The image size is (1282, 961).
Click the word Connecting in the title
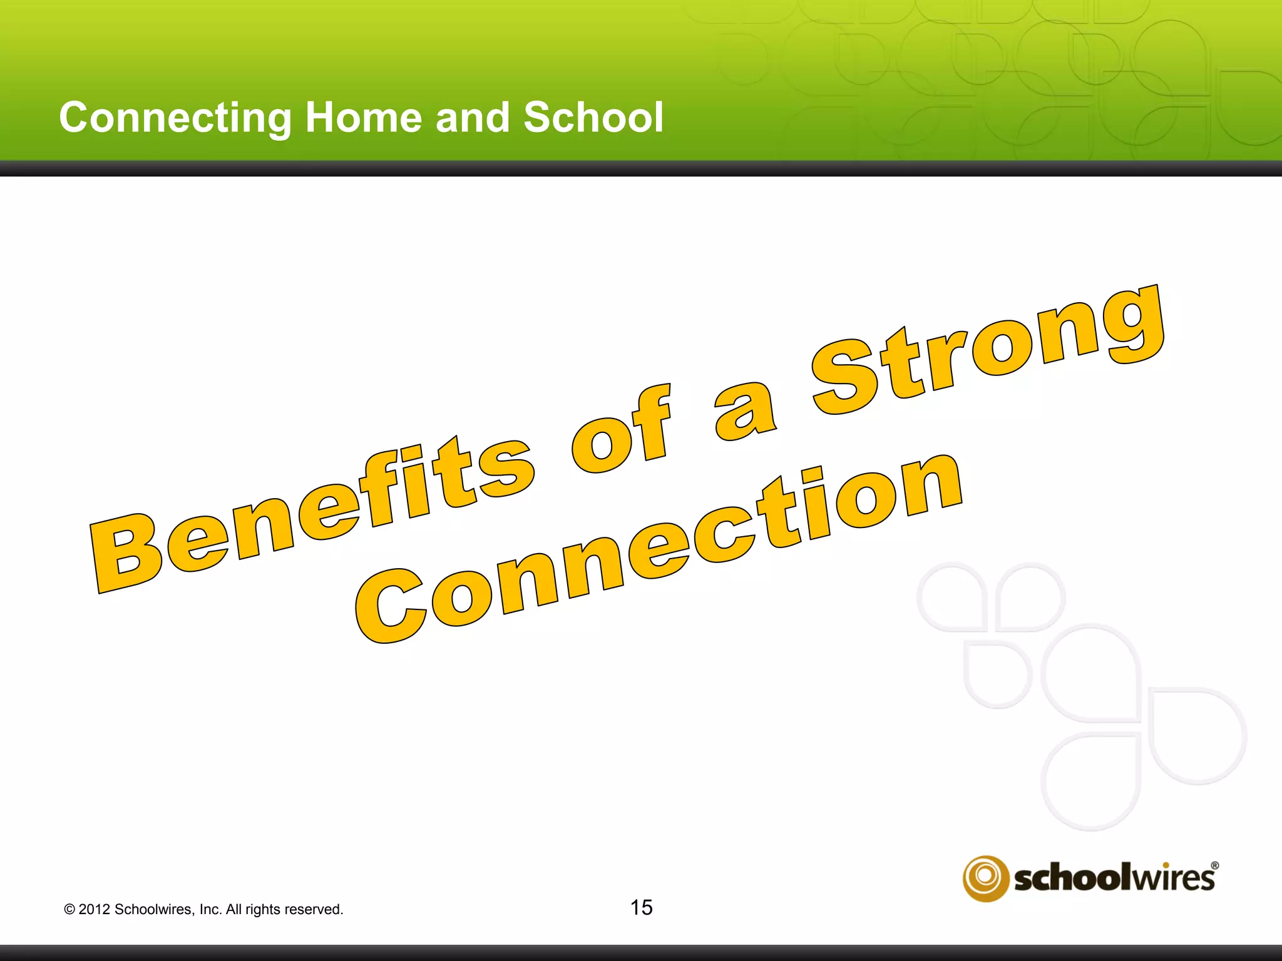pos(175,118)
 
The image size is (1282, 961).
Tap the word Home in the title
pos(364,118)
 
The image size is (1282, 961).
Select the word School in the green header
pos(593,118)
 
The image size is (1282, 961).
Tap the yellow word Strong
pos(989,350)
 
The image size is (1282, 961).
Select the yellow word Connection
pos(657,551)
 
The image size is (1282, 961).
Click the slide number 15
pos(641,907)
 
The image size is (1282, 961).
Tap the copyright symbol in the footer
pos(69,910)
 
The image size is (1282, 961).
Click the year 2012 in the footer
pos(94,910)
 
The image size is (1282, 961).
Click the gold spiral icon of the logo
pos(985,878)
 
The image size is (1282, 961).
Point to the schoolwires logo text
pos(1114,878)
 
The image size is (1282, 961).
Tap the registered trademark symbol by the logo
pos(1214,866)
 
